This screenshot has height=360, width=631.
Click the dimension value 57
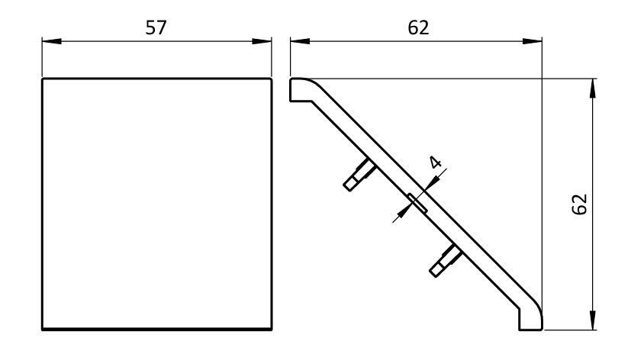[156, 27]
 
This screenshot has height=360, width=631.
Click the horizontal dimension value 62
[417, 27]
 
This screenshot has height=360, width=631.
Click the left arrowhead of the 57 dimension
[47, 42]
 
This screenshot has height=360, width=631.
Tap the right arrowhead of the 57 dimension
[266, 42]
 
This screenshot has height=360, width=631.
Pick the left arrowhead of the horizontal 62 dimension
[295, 42]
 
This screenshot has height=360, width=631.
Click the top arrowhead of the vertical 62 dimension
[593, 83]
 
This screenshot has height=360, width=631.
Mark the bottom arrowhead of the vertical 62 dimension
[593, 325]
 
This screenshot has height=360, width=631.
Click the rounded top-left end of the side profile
[298, 87]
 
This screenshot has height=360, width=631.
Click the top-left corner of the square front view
[42, 78]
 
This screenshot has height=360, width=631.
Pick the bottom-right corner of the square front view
[271, 329]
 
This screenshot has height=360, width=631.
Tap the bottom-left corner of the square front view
[42, 329]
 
